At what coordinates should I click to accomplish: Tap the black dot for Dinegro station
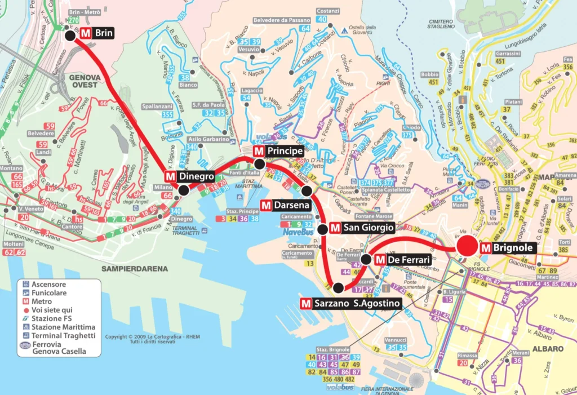[x=183, y=190]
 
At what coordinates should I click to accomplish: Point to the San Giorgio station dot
[x=322, y=229]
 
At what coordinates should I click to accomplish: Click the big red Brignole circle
[x=469, y=247]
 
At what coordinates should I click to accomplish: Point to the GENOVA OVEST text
[x=84, y=81]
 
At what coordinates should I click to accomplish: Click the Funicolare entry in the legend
[x=49, y=293]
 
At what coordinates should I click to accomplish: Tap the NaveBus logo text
[x=298, y=231]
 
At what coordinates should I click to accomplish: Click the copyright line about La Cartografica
[x=145, y=337]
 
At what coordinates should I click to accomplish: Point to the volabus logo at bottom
[x=339, y=387]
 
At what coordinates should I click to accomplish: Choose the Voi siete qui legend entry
[x=52, y=310]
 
